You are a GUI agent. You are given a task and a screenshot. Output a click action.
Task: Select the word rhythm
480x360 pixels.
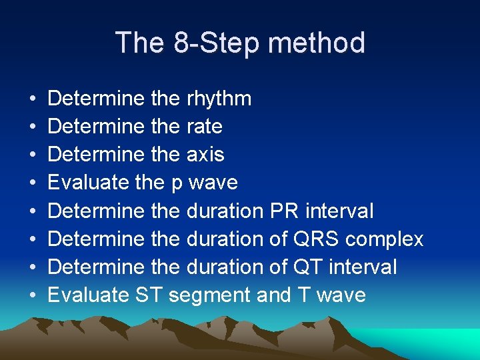pyautogui.click(x=219, y=99)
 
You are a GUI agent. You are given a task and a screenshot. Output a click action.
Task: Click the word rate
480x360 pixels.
pyautogui.click(x=205, y=127)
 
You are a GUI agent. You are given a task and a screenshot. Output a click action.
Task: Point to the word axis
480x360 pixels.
pyautogui.click(x=205, y=155)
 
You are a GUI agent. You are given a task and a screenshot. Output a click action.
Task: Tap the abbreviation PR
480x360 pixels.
pyautogui.click(x=285, y=211)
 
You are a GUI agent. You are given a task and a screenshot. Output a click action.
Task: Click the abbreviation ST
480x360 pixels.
pyautogui.click(x=148, y=295)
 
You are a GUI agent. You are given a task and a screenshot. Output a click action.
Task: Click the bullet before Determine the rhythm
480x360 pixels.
pyautogui.click(x=33, y=99)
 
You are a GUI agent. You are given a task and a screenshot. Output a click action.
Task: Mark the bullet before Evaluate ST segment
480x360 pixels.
pyautogui.click(x=33, y=295)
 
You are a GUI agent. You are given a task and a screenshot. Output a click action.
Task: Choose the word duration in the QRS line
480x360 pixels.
pyautogui.click(x=225, y=239)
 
